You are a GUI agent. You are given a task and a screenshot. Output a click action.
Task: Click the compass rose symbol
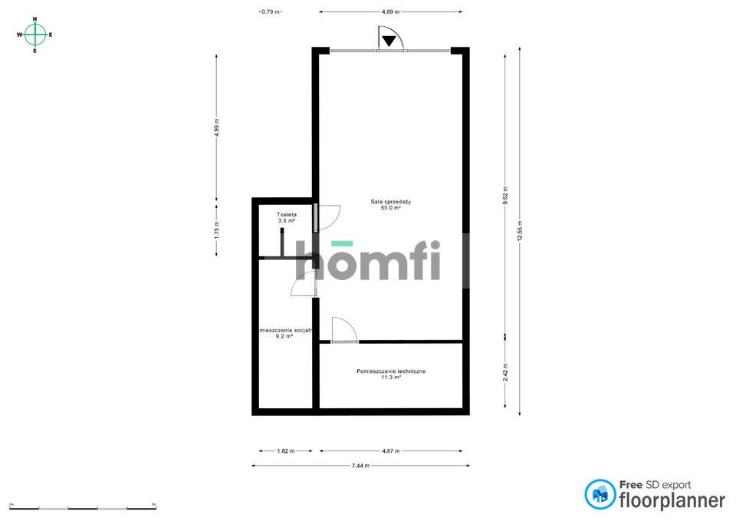[x=35, y=35]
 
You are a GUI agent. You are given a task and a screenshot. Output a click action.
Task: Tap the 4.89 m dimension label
[x=390, y=12]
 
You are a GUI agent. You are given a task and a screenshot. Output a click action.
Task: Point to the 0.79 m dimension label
[x=271, y=12]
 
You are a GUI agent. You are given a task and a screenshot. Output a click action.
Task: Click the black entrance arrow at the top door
[x=389, y=41]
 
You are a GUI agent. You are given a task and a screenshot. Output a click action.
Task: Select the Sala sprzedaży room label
[x=391, y=202]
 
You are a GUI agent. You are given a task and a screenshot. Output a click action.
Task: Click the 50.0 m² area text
[x=391, y=208]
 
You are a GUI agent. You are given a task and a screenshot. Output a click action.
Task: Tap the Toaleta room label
[x=286, y=215]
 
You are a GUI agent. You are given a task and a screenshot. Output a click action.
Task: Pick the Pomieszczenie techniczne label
[x=391, y=371]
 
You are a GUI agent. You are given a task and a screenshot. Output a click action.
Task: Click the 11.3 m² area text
[x=391, y=378]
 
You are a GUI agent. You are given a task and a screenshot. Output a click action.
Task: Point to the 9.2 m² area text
[x=284, y=336]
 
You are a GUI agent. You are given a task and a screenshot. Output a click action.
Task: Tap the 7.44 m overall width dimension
[x=360, y=466]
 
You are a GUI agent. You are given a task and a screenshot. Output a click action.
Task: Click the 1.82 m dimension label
[x=285, y=451]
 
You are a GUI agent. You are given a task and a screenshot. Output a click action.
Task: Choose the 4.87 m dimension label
[x=390, y=451]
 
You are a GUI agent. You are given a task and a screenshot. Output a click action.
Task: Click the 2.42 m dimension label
[x=505, y=372]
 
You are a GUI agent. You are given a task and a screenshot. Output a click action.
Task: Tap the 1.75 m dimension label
[x=217, y=229]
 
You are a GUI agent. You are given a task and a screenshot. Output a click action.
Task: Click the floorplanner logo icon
[x=600, y=495]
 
